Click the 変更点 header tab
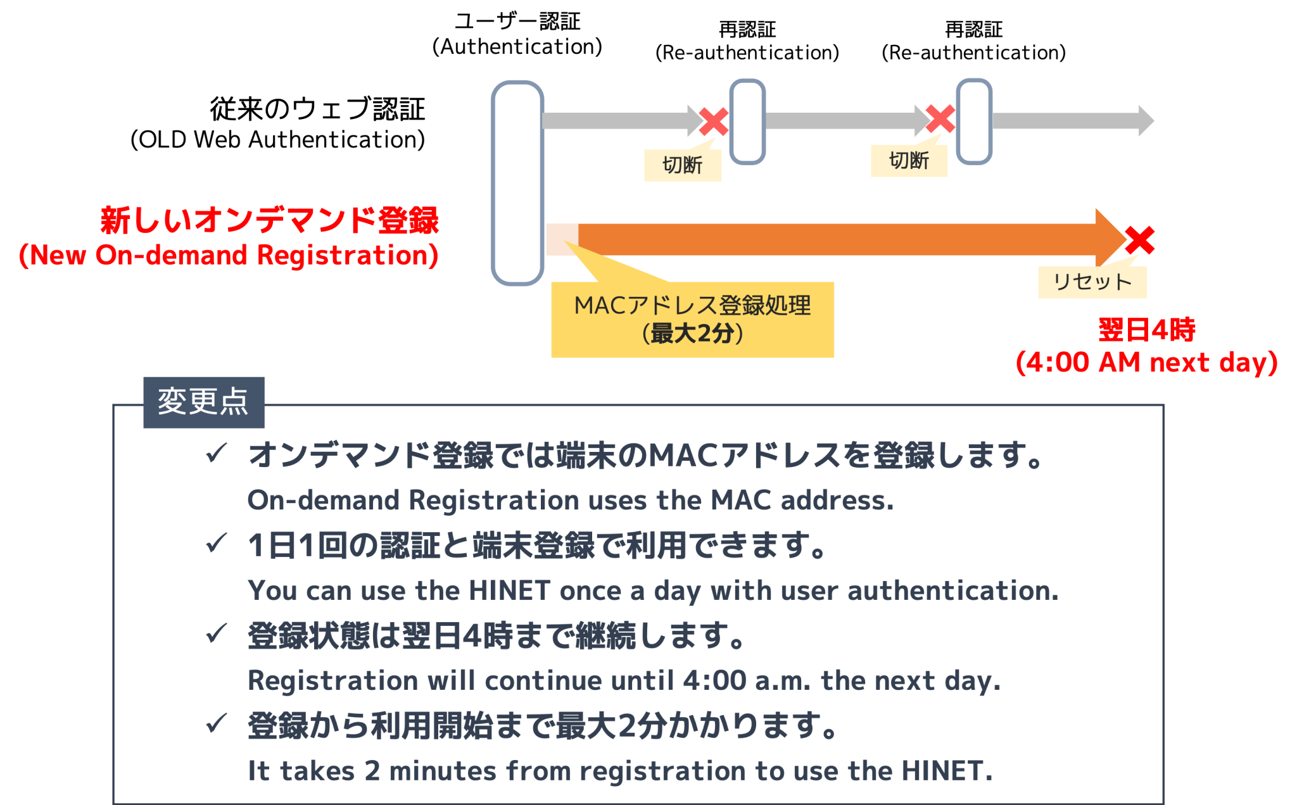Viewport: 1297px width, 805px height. pyautogui.click(x=203, y=402)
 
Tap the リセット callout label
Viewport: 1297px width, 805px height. pyautogui.click(x=1092, y=282)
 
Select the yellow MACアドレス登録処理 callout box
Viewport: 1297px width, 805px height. pyautogui.click(x=692, y=320)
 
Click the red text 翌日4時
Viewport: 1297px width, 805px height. pyautogui.click(x=1146, y=330)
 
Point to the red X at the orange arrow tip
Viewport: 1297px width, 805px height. pyautogui.click(x=1140, y=240)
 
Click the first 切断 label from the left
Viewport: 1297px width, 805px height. pyautogui.click(x=683, y=165)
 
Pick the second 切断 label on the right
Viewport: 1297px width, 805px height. pyautogui.click(x=909, y=161)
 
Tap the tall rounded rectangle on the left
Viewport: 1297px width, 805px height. pyautogui.click(x=517, y=183)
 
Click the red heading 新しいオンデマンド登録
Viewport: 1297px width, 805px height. pyautogui.click(x=270, y=221)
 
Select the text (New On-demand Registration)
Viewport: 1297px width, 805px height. pyautogui.click(x=229, y=256)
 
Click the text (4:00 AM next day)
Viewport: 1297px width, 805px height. pyautogui.click(x=1146, y=363)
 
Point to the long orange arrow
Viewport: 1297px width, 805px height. pyautogui.click(x=836, y=239)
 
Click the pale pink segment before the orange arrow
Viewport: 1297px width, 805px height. pyautogui.click(x=562, y=239)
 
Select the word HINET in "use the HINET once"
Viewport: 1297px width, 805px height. pyautogui.click(x=509, y=591)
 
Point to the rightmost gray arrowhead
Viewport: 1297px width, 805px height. pyautogui.click(x=1146, y=121)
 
